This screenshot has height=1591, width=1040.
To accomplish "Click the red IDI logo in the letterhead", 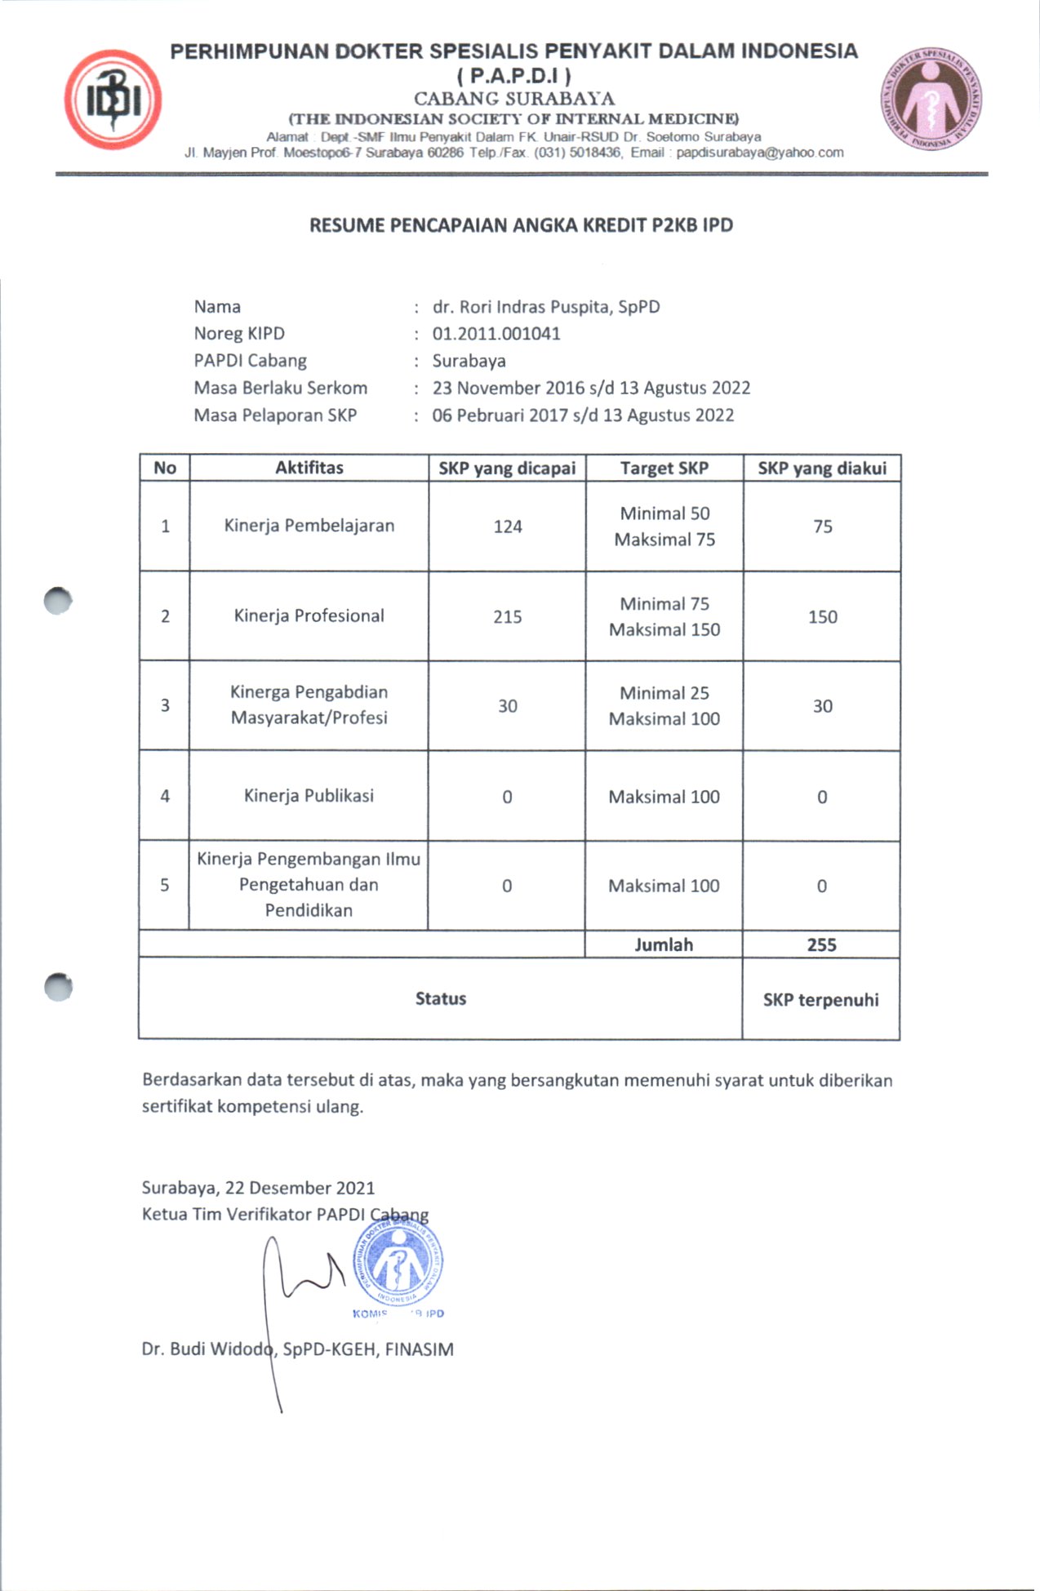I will point(113,100).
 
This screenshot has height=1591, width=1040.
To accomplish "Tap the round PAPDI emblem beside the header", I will point(931,100).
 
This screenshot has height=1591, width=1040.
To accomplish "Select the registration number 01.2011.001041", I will point(496,334).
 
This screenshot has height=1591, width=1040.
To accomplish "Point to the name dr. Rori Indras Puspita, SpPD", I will point(545,307).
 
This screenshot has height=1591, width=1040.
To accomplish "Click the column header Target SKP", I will point(664,469).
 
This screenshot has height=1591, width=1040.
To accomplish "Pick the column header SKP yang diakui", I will point(821,469).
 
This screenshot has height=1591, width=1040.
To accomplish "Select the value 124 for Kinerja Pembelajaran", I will point(507,527).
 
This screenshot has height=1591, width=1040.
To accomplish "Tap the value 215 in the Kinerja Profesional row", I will point(507,617).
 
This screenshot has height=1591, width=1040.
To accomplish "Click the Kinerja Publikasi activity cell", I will point(309,796).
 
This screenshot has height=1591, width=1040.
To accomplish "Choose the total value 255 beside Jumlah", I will point(821,944).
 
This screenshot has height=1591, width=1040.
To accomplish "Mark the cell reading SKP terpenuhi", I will point(820,1000).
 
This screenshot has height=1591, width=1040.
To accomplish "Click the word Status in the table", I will point(440,998).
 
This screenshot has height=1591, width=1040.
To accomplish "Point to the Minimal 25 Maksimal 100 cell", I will point(664,706).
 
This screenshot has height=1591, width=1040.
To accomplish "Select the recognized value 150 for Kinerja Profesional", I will point(822,617).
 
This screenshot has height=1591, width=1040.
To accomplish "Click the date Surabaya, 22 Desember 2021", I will point(258,1188).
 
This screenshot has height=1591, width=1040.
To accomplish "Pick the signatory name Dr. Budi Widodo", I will point(208,1349).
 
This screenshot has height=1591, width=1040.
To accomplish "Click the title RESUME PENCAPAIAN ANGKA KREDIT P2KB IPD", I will point(521,225).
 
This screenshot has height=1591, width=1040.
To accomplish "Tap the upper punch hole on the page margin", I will point(58,601).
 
